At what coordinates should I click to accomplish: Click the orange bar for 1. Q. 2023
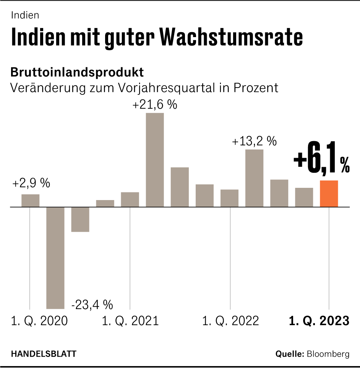(329, 194)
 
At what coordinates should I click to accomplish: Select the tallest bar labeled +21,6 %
(155, 160)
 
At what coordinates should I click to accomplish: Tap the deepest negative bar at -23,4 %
(55, 257)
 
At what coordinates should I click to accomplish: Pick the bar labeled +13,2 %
(254, 178)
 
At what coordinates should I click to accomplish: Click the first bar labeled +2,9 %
(31, 200)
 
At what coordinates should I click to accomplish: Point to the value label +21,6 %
(155, 105)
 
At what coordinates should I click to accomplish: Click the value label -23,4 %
(92, 305)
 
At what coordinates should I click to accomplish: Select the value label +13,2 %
(254, 141)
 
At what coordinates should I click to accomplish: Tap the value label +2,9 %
(31, 183)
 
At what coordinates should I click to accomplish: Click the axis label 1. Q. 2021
(130, 321)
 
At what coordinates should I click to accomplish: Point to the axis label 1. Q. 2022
(230, 321)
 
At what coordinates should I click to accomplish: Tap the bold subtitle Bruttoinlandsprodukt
(77, 72)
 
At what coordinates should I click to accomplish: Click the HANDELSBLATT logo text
(43, 354)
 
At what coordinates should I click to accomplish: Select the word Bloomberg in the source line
(328, 354)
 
